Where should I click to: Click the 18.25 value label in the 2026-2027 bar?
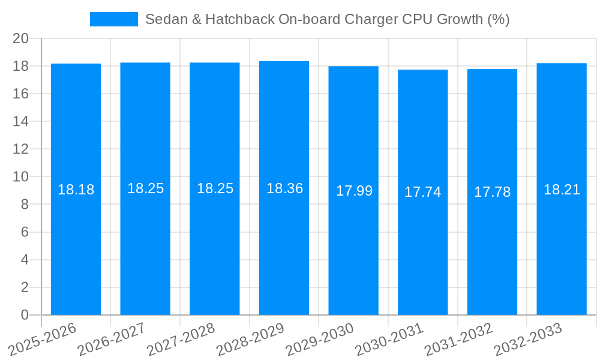(x=145, y=188)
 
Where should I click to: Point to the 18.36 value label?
(x=284, y=188)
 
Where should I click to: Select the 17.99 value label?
(x=354, y=191)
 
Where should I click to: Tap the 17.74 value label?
(x=422, y=192)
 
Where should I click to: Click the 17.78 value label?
(x=492, y=192)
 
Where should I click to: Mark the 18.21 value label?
(x=562, y=190)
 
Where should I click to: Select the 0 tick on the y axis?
(x=25, y=315)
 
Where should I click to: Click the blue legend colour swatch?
(x=113, y=19)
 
